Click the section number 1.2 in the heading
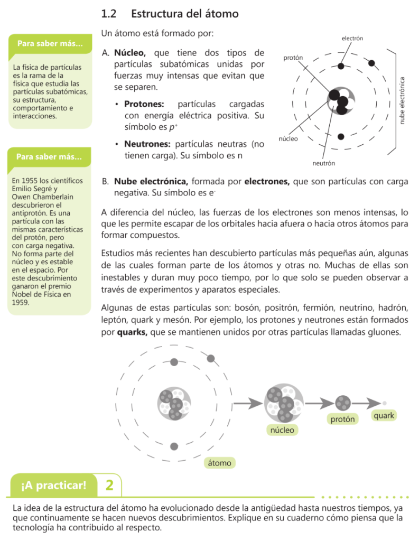[x=109, y=14]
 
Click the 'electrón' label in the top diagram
[x=352, y=39]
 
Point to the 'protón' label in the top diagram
[x=293, y=57]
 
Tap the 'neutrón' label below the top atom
[x=323, y=163]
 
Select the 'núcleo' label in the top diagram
[x=288, y=139]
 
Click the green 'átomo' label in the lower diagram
[x=219, y=463]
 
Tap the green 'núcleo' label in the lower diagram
[x=282, y=430]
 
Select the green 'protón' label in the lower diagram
[x=342, y=419]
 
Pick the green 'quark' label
[x=384, y=416]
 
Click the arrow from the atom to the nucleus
[x=248, y=404]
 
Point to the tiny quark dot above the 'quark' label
[x=385, y=403]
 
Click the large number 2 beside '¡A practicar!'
[x=109, y=485]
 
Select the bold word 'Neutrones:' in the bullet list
[x=147, y=144]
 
